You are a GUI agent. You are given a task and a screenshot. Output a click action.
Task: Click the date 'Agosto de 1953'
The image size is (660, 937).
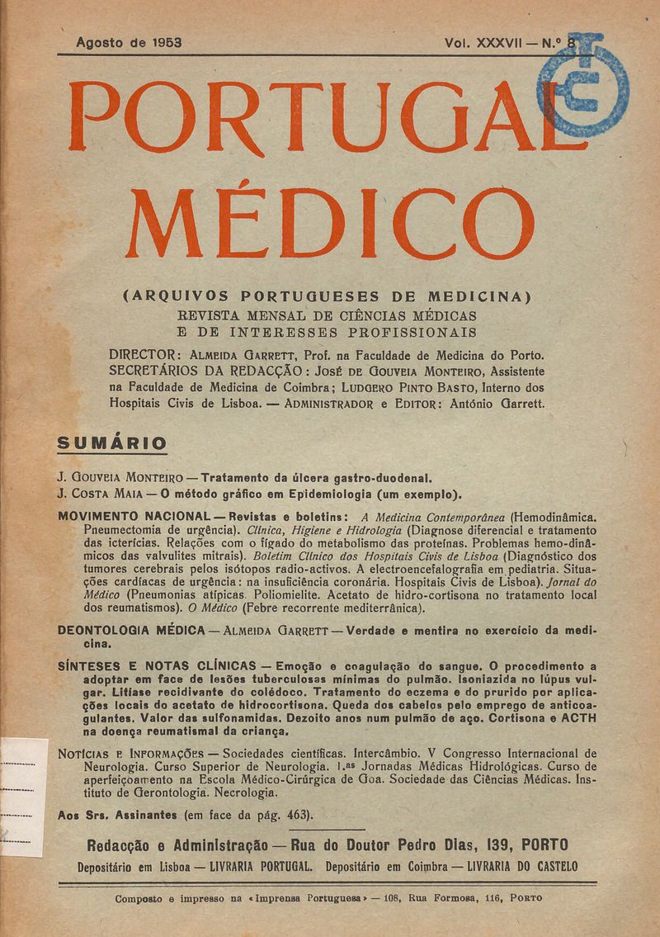tap(128, 41)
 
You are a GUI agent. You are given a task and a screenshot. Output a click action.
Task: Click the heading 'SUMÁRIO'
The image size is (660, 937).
tap(111, 442)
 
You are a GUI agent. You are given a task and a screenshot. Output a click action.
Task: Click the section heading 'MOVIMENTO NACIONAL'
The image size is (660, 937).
tap(128, 515)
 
